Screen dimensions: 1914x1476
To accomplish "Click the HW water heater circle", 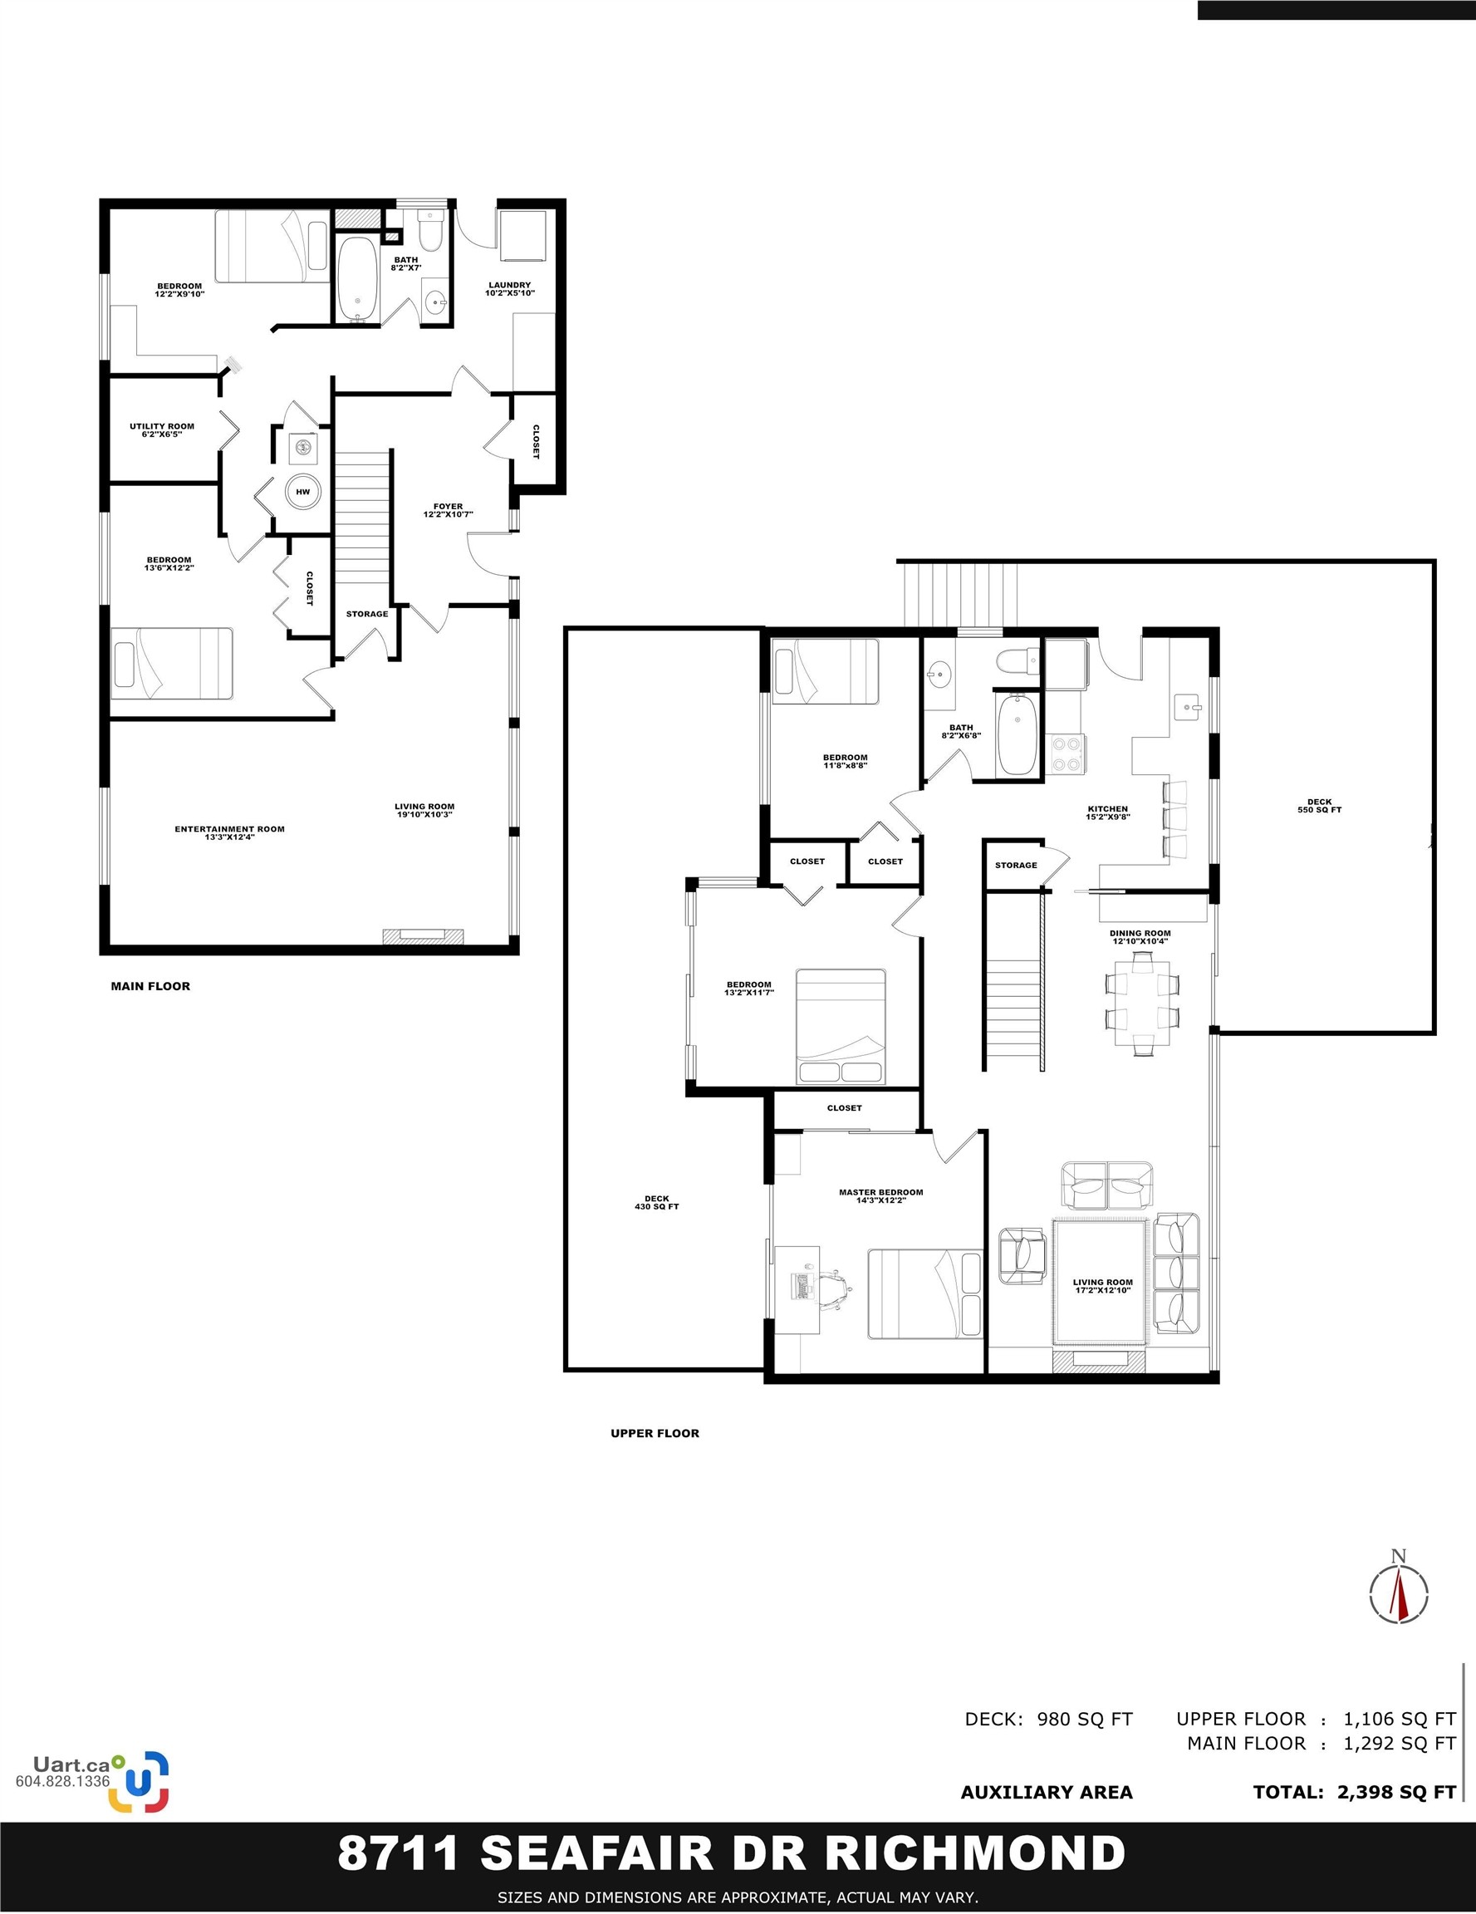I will [302, 492].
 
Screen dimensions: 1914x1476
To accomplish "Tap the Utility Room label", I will [162, 429].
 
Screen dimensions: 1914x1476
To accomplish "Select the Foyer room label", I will [448, 510].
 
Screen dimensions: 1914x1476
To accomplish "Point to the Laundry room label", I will [509, 288].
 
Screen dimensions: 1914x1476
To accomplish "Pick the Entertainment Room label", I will [229, 832].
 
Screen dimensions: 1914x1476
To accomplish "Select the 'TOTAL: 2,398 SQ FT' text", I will [1354, 1792].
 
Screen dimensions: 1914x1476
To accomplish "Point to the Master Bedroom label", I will [881, 1195].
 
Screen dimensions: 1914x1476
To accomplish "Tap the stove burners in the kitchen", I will [1067, 753].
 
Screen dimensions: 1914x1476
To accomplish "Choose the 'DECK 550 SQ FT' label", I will [1319, 805].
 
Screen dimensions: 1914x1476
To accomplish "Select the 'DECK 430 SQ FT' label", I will [656, 1202].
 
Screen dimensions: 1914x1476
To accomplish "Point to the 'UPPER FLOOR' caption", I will [655, 1433].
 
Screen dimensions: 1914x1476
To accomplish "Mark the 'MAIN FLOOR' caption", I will [150, 986].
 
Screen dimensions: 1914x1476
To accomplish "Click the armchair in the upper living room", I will [1022, 1256].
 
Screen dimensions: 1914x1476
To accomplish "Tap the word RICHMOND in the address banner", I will [974, 1853].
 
